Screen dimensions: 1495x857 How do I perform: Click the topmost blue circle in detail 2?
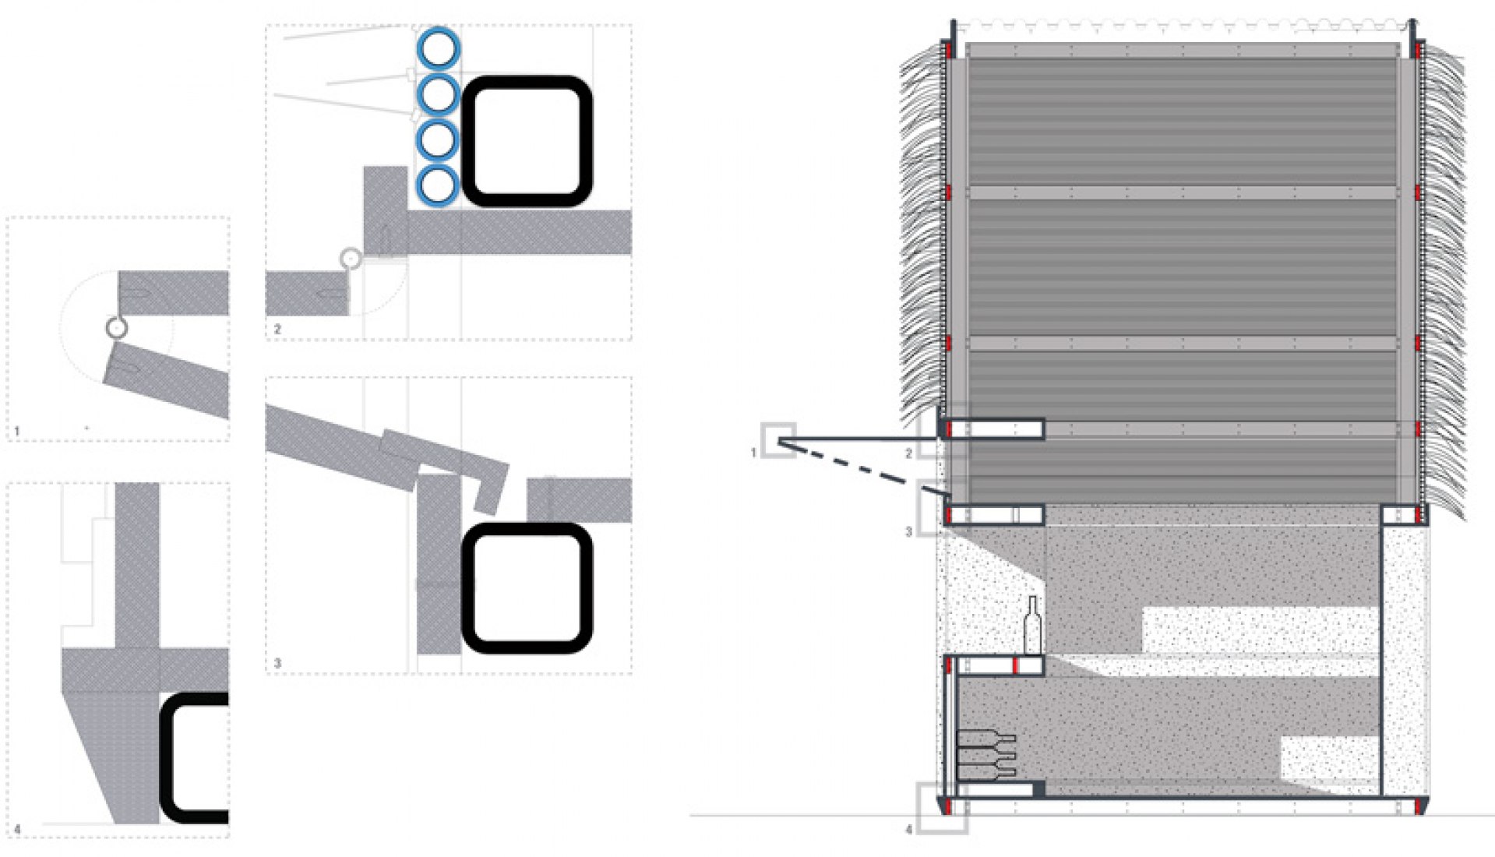438,49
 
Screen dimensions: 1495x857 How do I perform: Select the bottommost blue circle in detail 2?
438,185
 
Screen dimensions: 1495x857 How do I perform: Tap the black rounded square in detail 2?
527,141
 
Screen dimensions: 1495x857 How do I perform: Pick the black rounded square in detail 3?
527,588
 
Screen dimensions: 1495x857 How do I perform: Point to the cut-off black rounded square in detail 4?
194,758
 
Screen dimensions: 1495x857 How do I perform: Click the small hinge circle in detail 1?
117,328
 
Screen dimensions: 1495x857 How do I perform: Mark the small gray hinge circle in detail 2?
351,258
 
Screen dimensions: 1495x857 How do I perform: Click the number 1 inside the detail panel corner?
17,431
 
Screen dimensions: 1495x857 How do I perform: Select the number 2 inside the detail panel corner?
277,330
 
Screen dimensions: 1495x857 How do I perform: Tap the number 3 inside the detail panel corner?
277,664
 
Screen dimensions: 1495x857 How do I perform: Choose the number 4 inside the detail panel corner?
17,829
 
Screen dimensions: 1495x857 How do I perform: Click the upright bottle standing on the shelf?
1032,626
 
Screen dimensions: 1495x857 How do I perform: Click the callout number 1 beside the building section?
753,453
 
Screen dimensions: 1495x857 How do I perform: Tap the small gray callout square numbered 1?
778,441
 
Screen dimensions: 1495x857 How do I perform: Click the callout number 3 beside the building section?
908,532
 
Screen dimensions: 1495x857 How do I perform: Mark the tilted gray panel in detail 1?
167,380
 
